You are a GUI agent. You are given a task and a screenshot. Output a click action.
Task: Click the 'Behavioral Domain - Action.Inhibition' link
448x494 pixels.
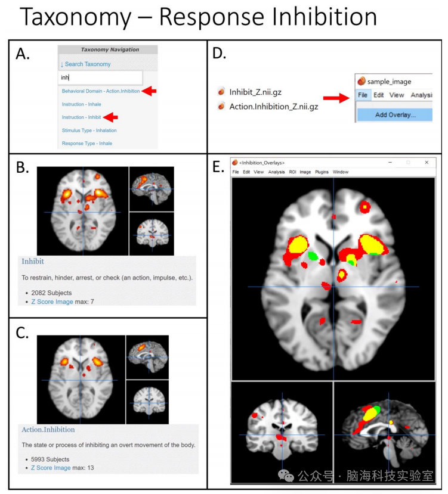point(100,91)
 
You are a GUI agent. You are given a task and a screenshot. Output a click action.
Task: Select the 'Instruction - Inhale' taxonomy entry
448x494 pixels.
point(81,104)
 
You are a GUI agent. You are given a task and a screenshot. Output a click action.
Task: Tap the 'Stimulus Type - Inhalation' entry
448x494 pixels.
point(89,131)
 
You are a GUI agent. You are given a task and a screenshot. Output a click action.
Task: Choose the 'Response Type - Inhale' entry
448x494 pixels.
point(86,144)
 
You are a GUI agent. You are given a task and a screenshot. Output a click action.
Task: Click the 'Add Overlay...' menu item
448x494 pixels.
point(395,114)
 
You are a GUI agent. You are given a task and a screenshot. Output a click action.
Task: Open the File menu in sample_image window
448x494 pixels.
point(363,95)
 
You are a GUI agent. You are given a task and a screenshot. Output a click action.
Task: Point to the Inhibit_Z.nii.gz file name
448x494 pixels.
point(254,92)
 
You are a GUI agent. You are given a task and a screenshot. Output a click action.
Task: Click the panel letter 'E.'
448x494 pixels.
point(219,167)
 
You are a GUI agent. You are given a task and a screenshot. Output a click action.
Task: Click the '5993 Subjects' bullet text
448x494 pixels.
point(50,459)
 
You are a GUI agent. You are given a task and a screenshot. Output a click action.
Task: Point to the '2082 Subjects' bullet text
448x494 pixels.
point(51,293)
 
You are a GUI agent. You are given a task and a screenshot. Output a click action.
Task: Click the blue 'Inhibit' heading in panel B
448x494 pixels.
point(33,262)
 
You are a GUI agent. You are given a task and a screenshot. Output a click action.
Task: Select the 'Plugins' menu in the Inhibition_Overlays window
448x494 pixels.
point(322,172)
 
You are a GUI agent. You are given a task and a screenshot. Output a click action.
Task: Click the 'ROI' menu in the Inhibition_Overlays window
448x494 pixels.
point(292,172)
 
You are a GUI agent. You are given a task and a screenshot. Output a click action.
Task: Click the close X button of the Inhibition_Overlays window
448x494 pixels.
point(427,162)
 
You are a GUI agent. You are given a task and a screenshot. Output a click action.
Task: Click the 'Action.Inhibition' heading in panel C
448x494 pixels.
point(48,430)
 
